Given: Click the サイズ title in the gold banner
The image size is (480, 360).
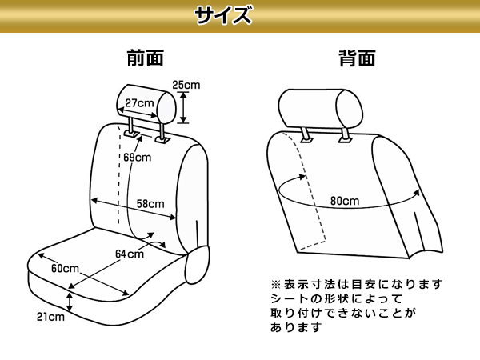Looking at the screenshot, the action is click(223, 15).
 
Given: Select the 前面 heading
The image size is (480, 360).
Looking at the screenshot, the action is click(146, 58).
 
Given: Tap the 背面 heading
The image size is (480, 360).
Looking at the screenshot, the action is click(357, 58).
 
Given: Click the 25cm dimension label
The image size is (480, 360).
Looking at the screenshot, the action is click(186, 85).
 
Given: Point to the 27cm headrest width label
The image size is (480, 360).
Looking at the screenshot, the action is click(139, 103).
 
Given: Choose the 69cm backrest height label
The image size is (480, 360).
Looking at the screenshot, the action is click(137, 158).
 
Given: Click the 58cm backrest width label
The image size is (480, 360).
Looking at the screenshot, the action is click(150, 203).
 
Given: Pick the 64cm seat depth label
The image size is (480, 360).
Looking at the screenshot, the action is click(130, 254).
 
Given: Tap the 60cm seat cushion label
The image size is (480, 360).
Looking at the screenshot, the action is click(65, 268).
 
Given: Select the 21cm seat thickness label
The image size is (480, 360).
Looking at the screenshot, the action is click(50, 317).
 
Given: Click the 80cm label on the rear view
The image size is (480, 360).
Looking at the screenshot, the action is click(345, 201).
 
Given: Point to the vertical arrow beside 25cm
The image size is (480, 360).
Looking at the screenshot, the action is click(183, 108).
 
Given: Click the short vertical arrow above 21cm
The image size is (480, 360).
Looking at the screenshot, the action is click(70, 302).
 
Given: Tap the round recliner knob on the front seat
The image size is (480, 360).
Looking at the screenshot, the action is click(198, 265).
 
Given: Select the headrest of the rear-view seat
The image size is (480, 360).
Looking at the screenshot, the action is click(321, 108).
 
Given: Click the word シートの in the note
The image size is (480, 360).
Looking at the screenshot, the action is click(290, 298).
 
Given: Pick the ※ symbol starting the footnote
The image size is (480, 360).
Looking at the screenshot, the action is click(276, 284).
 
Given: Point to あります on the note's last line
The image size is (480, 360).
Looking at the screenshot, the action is click(296, 327).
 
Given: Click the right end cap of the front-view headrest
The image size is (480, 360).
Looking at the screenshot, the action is click(166, 108).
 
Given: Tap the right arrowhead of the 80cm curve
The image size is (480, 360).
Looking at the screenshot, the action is click(416, 193).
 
